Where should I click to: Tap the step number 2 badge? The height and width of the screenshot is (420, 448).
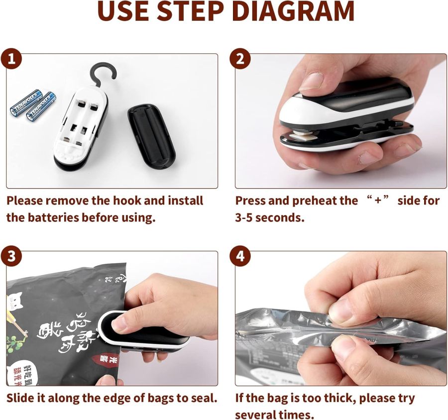tap(240, 59)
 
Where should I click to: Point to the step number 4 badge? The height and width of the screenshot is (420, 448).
tap(240, 256)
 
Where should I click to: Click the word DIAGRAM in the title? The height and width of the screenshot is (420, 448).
tap(293, 12)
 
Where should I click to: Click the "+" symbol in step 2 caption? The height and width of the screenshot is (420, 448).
tap(378, 201)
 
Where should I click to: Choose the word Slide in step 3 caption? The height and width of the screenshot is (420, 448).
tap(21, 398)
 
